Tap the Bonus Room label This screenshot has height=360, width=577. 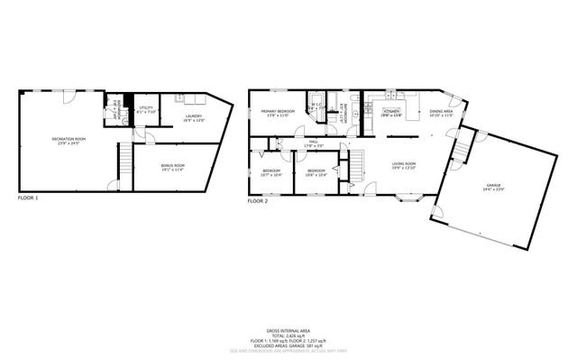click(x=173, y=165)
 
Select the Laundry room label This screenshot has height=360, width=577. click(x=194, y=115)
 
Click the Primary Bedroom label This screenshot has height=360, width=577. click(x=278, y=111)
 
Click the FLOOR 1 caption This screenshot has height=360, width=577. click(x=28, y=197)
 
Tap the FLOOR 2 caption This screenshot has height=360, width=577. click(x=257, y=201)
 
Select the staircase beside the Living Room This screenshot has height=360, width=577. click(x=358, y=163)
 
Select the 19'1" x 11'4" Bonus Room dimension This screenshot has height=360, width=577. click(x=173, y=170)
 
